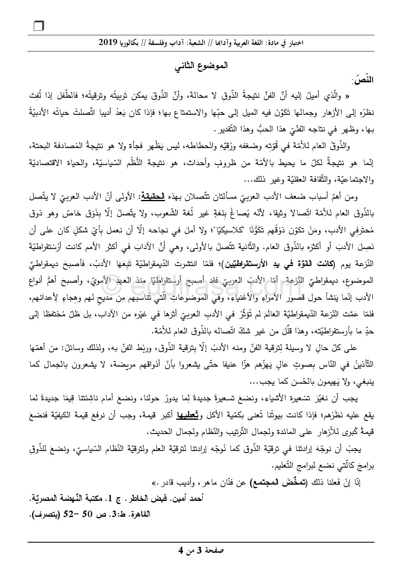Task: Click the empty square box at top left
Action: click(x=39, y=26)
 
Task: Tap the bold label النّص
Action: click(x=364, y=80)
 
